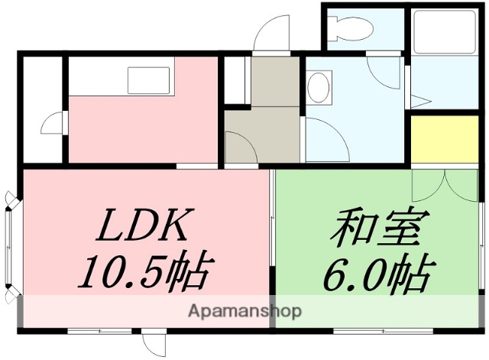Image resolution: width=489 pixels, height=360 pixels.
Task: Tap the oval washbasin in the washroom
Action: tap(319, 86)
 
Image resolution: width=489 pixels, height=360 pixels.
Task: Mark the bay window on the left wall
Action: tap(9, 247)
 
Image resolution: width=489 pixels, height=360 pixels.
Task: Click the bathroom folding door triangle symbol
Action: tap(419, 99)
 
